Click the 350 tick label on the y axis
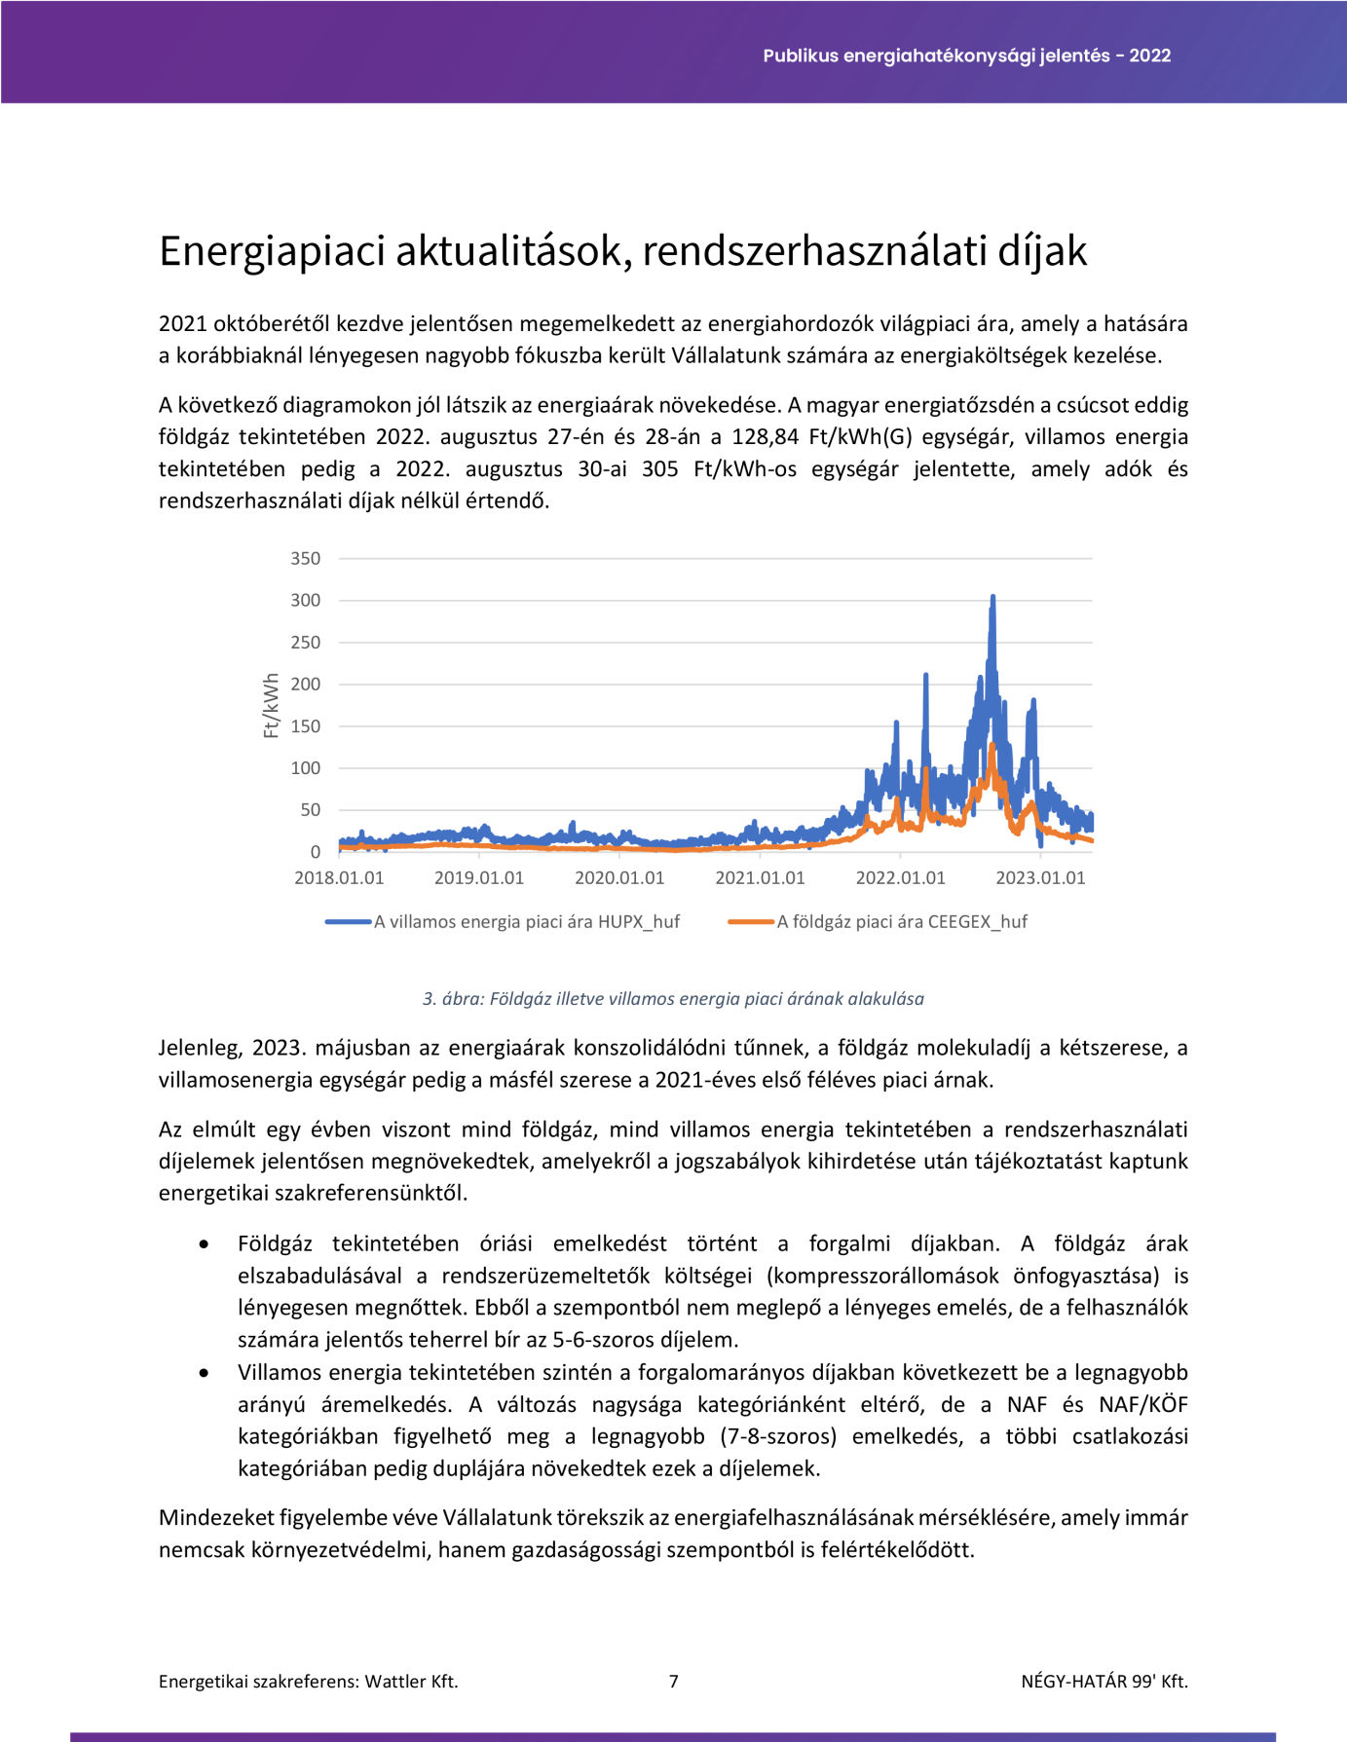point(305,558)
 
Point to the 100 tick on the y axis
point(305,767)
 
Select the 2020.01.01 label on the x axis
point(619,877)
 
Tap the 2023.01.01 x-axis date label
point(1040,877)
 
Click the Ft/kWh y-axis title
point(272,706)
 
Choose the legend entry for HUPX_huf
point(526,921)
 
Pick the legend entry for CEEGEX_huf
point(901,921)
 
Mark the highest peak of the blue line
point(992,597)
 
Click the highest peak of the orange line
point(992,746)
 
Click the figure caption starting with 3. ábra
point(673,998)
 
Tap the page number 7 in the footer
point(673,1681)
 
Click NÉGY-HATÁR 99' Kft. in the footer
point(1104,1681)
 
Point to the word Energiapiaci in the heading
point(261,251)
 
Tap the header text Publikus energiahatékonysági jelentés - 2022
point(966,56)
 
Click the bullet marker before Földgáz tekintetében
point(204,1244)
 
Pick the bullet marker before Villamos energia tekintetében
point(204,1373)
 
